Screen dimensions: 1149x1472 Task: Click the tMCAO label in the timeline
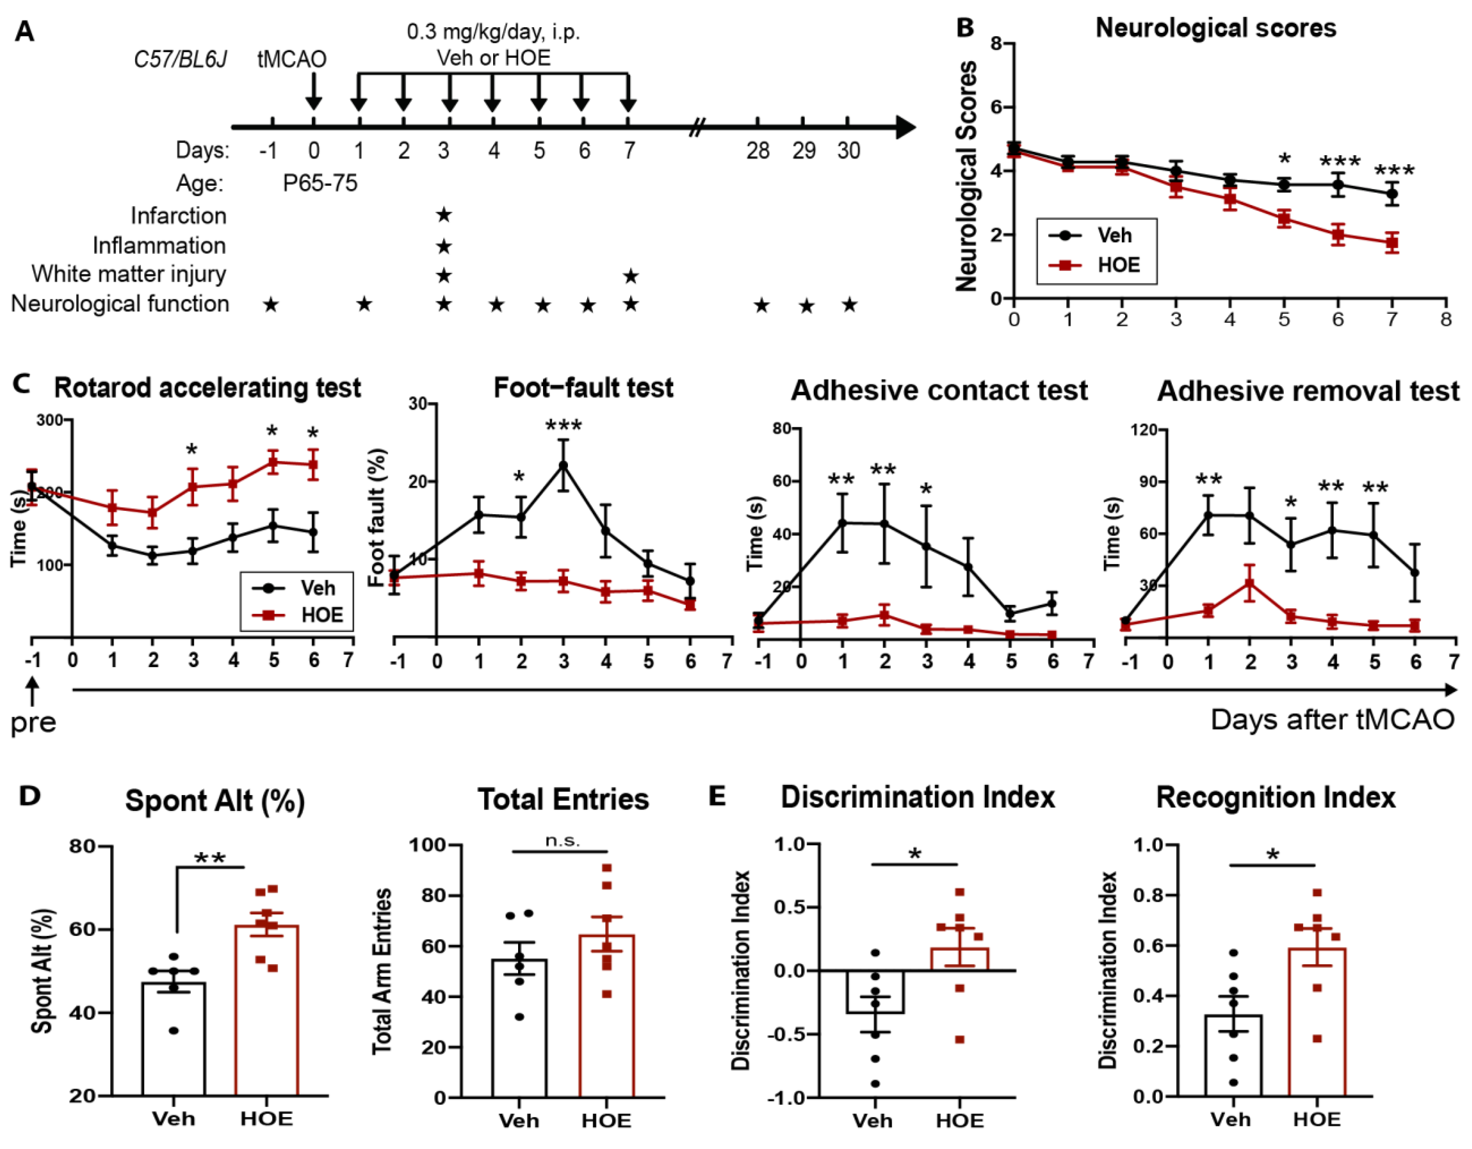[292, 59]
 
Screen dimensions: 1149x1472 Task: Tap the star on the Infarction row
[443, 215]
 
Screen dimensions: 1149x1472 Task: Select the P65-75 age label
[320, 183]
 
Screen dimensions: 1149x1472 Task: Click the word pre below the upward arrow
[33, 723]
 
